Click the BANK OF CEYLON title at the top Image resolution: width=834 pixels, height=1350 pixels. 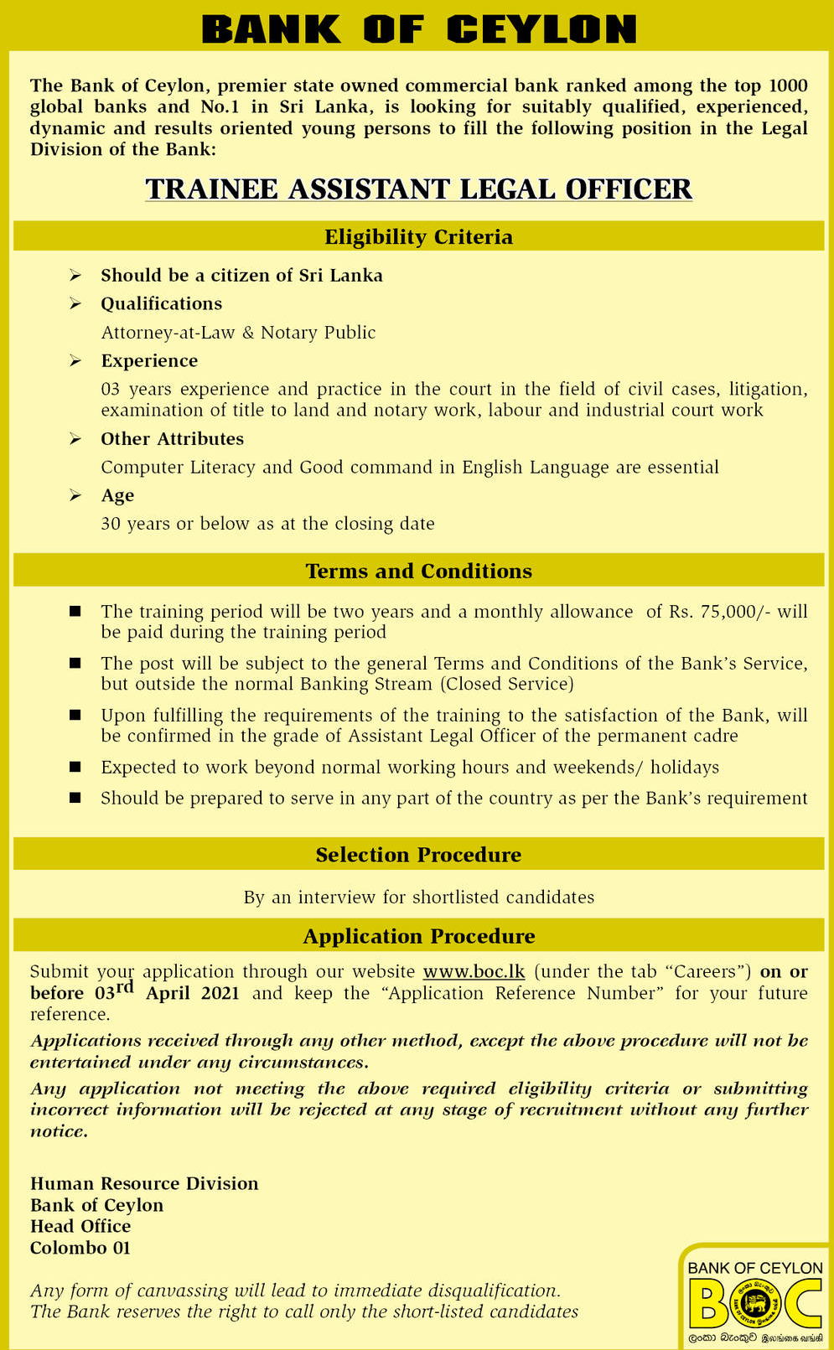[418, 30]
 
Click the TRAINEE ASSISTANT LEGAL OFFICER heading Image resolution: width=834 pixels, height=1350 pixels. [418, 189]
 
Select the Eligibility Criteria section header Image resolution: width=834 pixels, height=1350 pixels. [418, 237]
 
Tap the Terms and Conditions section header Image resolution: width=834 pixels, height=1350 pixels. [418, 572]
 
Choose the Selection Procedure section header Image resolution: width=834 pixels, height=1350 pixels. [418, 855]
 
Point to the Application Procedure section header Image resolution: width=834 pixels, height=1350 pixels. [418, 936]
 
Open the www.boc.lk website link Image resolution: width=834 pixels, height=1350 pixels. [474, 972]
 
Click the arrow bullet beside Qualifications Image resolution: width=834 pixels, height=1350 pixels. [75, 304]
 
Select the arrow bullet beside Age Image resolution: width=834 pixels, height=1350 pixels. [75, 496]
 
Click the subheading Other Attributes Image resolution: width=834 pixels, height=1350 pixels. [172, 439]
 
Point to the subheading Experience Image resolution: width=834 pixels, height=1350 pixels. [149, 361]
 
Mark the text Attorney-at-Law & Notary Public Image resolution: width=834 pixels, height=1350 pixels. [238, 333]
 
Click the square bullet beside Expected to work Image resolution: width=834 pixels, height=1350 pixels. [75, 768]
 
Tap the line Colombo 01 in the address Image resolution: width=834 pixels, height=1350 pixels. [80, 1248]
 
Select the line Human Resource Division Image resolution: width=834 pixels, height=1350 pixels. [144, 1183]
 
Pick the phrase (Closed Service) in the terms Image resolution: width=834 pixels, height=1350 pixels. [507, 685]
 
